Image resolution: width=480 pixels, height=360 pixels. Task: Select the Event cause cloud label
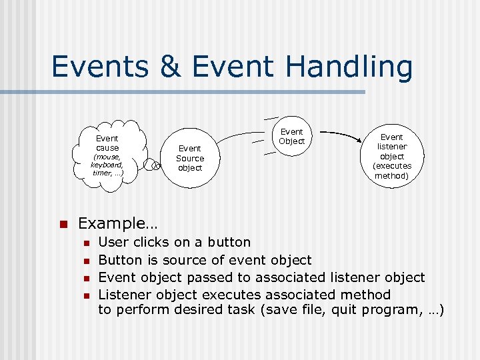tap(107, 143)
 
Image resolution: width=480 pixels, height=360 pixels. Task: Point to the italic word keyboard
tap(107, 165)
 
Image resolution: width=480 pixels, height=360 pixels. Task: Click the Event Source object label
tap(190, 158)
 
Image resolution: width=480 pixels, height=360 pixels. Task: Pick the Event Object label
tap(291, 136)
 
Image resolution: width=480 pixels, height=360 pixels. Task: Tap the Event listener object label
tap(392, 147)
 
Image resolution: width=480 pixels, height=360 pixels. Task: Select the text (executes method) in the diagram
tap(392, 171)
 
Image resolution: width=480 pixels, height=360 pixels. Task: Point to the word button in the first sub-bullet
tap(229, 242)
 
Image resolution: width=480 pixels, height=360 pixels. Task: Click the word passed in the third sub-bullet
tap(208, 277)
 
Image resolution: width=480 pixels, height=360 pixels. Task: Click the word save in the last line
tap(280, 311)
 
